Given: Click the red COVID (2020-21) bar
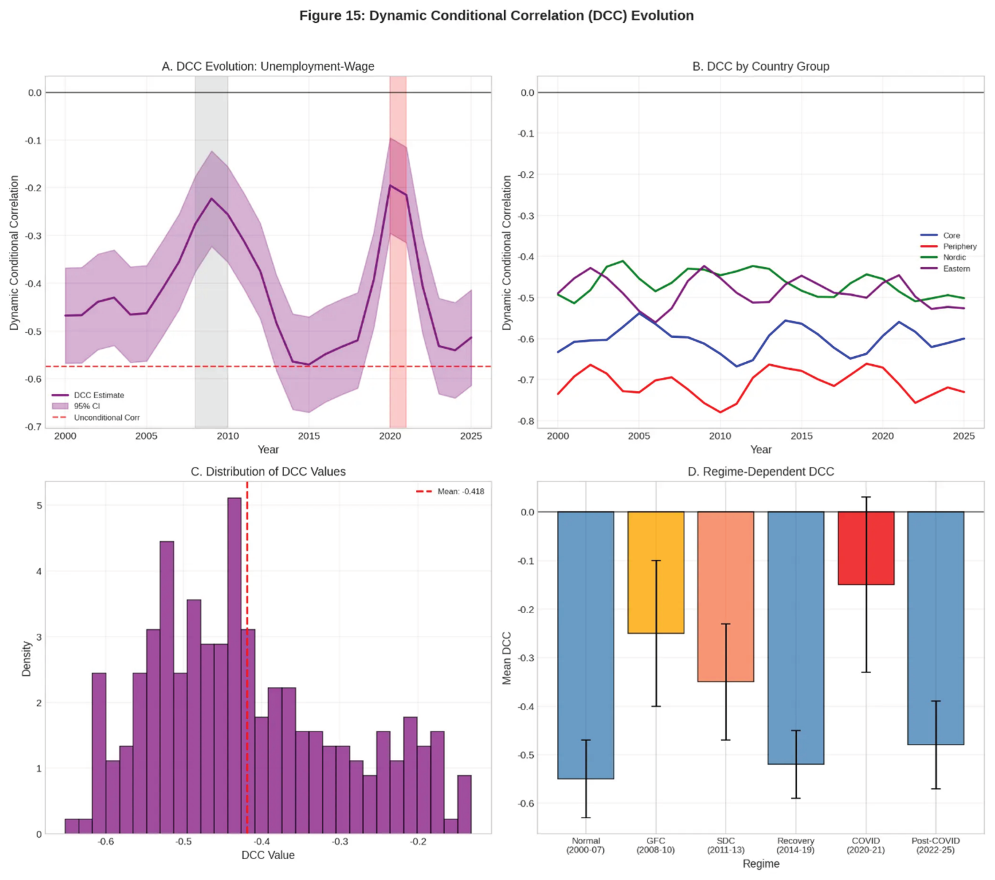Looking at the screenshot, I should tap(866, 547).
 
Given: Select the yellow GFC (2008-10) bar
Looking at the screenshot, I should tap(655, 572).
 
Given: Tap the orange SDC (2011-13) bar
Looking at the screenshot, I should tap(725, 596).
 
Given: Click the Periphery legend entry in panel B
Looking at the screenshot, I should tap(959, 246).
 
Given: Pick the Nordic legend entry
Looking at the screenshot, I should tap(954, 257).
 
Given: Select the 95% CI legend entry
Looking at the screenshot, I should tap(87, 406).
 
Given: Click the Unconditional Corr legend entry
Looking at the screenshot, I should tap(106, 418).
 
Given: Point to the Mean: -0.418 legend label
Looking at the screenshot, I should tap(460, 492).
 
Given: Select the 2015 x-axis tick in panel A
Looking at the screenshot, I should tap(309, 436).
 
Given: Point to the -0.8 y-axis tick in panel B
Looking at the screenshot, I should tap(527, 421).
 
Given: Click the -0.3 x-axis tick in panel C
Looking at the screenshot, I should tap(340, 842).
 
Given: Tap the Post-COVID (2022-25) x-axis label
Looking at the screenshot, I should tap(935, 846).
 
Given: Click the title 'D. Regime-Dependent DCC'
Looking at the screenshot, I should tap(761, 472).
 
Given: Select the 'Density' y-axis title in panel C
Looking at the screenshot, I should tap(26, 659).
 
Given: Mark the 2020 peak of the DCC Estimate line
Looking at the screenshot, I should tap(390, 185).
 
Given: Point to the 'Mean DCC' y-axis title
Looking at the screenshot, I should tap(507, 658).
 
